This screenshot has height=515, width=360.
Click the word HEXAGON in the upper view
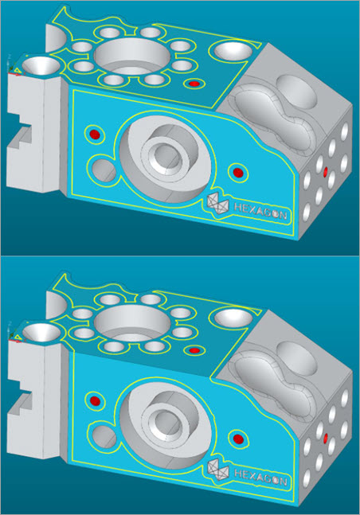[x=260, y=212]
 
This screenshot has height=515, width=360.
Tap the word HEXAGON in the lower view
[x=260, y=478]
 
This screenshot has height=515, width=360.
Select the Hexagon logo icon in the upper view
[x=217, y=204]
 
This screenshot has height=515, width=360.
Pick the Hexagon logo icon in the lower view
[x=217, y=470]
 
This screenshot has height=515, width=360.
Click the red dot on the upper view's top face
[x=194, y=84]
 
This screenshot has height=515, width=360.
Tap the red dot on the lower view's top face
[x=194, y=350]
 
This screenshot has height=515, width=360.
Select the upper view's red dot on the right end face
[x=326, y=171]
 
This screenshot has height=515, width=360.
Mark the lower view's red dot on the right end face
[x=326, y=437]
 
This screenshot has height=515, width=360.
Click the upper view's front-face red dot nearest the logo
[x=237, y=172]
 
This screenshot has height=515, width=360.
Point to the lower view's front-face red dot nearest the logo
[x=237, y=438]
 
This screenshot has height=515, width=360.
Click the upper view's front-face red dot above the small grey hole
[x=95, y=134]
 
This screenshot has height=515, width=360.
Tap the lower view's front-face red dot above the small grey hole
[x=95, y=400]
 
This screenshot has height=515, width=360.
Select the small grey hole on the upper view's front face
[x=104, y=170]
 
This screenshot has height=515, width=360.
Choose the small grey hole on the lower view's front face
[x=104, y=435]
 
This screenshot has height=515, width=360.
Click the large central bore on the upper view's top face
[x=132, y=57]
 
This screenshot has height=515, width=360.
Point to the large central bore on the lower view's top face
[x=132, y=323]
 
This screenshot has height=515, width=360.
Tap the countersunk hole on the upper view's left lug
[x=41, y=65]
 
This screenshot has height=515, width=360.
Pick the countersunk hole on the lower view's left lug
[x=41, y=331]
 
